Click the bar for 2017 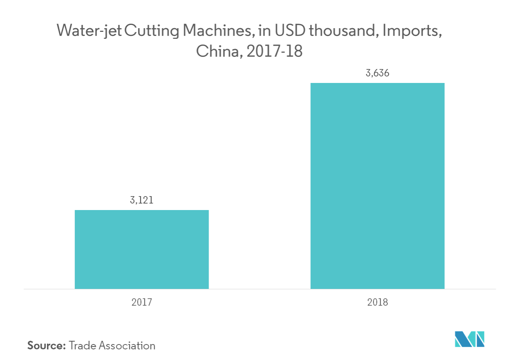[142, 249]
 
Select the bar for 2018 [377, 186]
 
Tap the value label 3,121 [142, 201]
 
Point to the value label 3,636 [377, 74]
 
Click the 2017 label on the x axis [142, 303]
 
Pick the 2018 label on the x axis [377, 303]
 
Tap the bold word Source [47, 346]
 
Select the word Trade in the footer [82, 346]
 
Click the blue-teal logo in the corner [470, 339]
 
